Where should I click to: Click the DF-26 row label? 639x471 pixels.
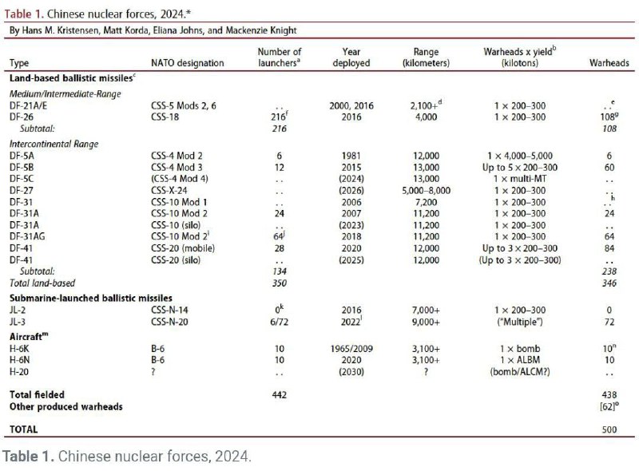22,117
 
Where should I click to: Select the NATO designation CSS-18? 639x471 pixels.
167,117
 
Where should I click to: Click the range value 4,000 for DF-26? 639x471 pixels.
427,117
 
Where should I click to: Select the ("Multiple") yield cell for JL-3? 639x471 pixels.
519,319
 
